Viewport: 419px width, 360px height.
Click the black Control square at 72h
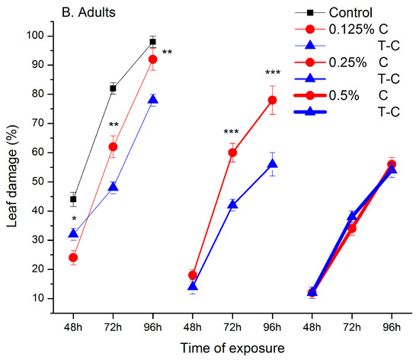coord(113,88)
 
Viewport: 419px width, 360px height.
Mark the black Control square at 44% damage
coord(73,199)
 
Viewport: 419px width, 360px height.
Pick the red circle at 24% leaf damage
coord(73,258)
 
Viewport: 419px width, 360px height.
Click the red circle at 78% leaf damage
coord(272,100)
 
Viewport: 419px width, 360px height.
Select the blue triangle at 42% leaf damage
coord(232,204)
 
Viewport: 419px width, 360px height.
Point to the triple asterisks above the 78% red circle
coord(272,74)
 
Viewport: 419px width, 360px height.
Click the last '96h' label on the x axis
coord(392,323)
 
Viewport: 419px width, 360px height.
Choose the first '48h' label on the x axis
coord(73,323)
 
